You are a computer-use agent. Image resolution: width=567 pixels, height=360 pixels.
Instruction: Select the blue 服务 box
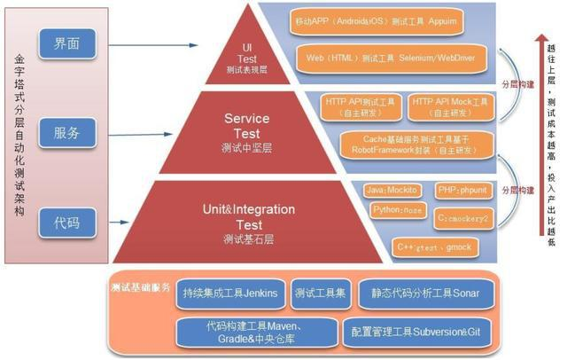66,133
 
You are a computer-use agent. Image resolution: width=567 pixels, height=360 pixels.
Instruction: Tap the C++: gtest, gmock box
438,245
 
